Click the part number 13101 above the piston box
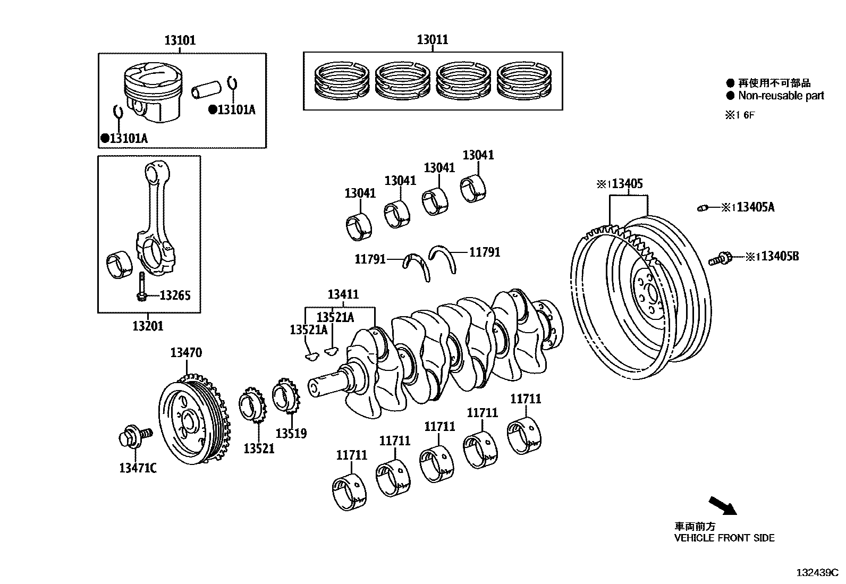pyautogui.click(x=180, y=40)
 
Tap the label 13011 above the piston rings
pyautogui.click(x=432, y=39)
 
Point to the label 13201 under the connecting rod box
pyautogui.click(x=148, y=326)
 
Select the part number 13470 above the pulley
pyautogui.click(x=186, y=352)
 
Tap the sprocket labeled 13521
pyautogui.click(x=253, y=407)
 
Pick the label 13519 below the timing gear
pyautogui.click(x=291, y=433)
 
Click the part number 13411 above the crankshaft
pyautogui.click(x=343, y=294)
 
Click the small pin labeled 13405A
pyautogui.click(x=703, y=208)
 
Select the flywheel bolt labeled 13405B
pyautogui.click(x=720, y=259)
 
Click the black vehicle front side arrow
pyautogui.click(x=723, y=505)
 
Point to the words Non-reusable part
pyautogui.click(x=781, y=96)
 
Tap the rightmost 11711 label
pyautogui.click(x=526, y=399)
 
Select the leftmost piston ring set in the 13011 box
pyautogui.click(x=342, y=81)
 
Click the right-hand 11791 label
pyautogui.click(x=484, y=252)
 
